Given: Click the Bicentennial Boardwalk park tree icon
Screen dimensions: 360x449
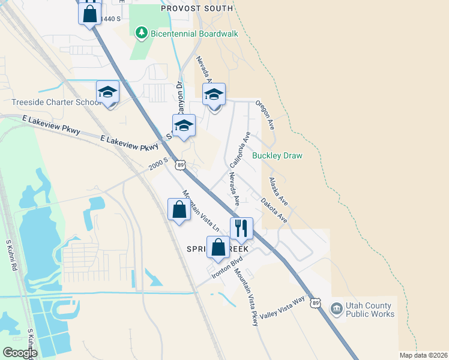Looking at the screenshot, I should click(141, 32).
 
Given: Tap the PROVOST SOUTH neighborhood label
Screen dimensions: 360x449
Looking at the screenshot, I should click(196, 8).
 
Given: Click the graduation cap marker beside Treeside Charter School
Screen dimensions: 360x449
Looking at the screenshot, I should click(108, 92).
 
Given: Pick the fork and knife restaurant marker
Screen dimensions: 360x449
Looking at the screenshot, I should click(241, 228).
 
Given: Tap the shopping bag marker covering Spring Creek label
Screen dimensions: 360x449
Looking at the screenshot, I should click(218, 247).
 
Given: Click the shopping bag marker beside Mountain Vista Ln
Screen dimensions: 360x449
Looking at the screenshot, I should click(179, 210).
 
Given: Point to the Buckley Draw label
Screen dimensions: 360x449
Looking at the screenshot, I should click(277, 156).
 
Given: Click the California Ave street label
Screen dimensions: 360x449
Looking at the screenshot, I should click(239, 150).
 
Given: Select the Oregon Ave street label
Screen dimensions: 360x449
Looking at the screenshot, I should click(265, 115).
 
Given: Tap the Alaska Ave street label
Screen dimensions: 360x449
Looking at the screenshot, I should click(278, 191).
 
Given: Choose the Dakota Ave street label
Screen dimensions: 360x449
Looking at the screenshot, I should click(274, 211).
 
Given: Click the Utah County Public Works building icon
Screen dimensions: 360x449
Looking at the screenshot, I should click(336, 309).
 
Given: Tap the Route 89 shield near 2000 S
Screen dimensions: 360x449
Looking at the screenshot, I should click(180, 164).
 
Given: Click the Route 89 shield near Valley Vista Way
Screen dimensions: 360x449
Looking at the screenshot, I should click(316, 304).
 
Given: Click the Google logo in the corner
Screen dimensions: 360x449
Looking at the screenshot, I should click(20, 353).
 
